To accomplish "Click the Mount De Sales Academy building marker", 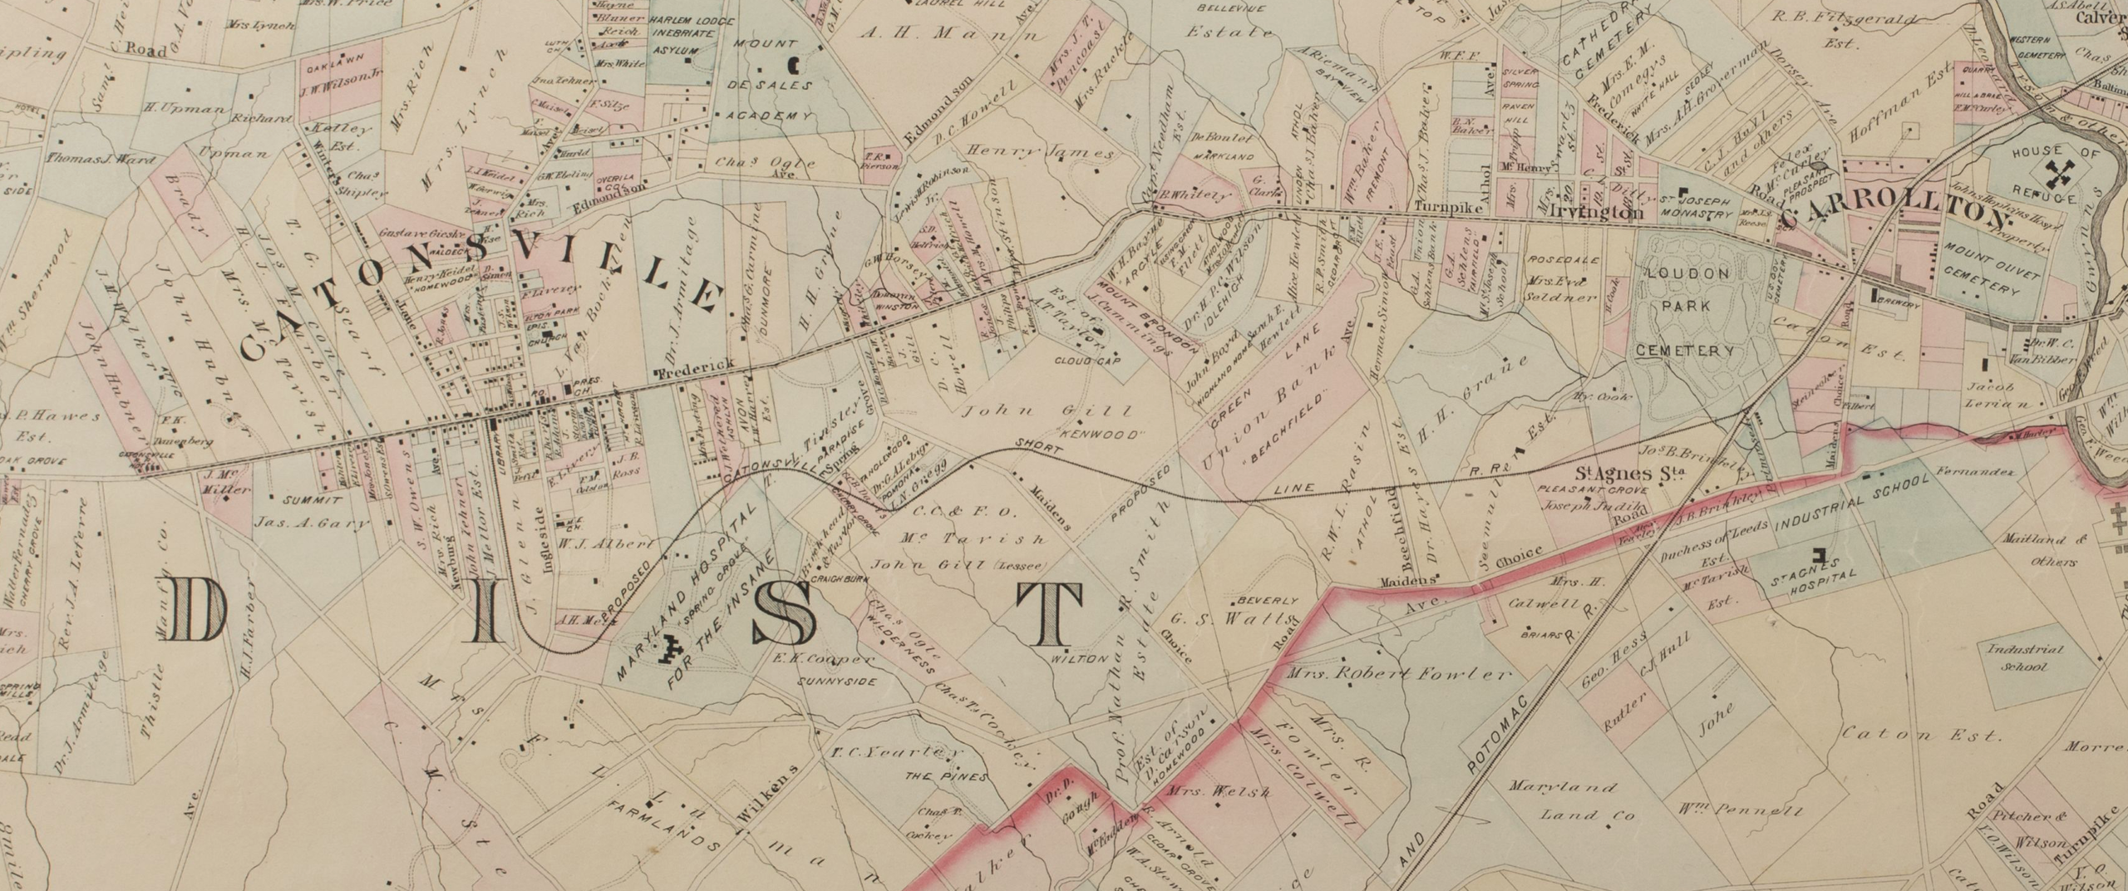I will (793, 62).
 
